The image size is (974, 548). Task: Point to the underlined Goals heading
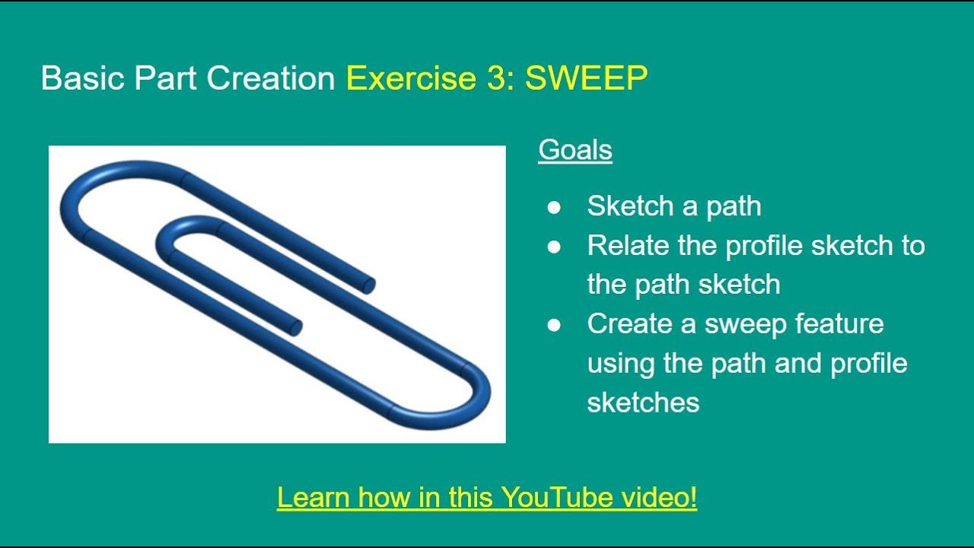(575, 150)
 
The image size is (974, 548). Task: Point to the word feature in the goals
(839, 324)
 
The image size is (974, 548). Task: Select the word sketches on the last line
(643, 403)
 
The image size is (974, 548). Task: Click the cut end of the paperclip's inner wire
(295, 327)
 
